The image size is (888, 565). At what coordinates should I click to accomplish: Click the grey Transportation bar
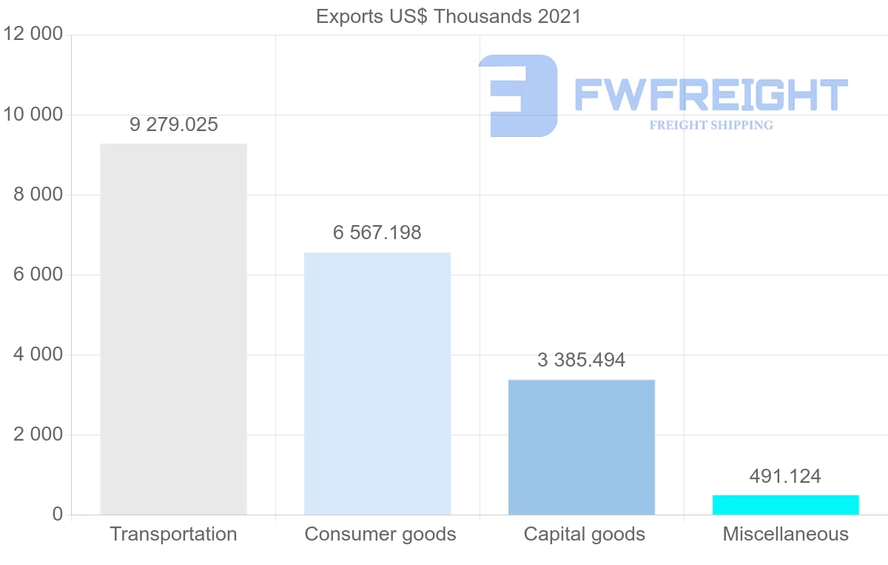point(173,329)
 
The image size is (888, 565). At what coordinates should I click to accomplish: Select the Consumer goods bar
point(377,384)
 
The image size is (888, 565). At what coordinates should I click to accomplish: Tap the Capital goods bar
point(582,447)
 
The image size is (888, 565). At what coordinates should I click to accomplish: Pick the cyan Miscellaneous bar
point(785,504)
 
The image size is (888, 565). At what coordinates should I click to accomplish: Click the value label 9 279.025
point(174,124)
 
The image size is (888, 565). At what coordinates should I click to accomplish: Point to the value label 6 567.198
point(377,233)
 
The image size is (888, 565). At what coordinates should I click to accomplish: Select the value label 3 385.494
point(582,360)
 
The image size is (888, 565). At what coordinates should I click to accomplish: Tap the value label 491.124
point(785,476)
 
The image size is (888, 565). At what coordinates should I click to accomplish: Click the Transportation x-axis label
point(174,534)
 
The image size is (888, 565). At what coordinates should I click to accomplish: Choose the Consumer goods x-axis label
point(380,534)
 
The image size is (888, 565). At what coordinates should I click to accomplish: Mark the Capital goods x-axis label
point(585,534)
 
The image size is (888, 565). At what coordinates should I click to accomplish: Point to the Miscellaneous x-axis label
point(786,534)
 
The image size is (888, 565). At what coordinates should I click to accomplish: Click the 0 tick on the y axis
point(56,515)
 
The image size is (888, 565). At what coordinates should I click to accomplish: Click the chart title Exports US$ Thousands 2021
point(448,16)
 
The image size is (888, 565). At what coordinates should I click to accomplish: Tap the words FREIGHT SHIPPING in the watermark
point(711,125)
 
